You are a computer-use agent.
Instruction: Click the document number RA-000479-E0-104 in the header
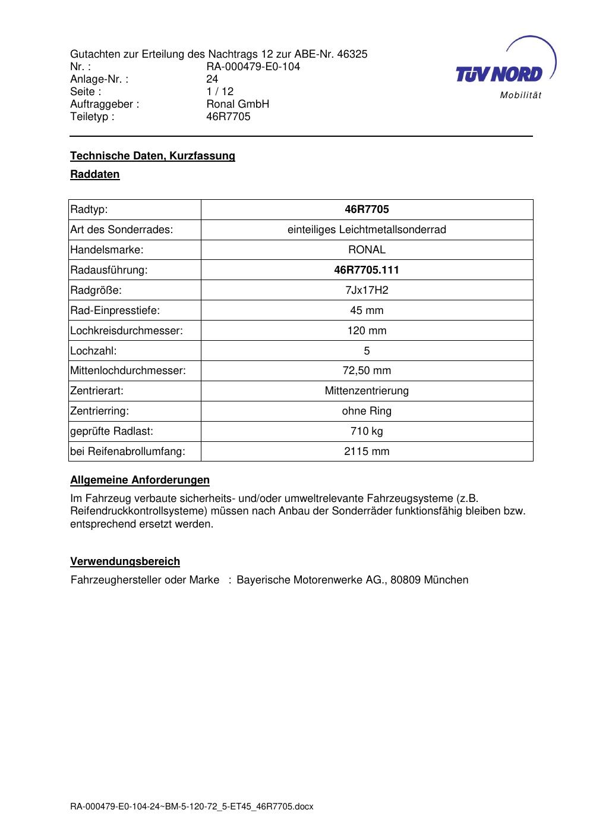[253, 67]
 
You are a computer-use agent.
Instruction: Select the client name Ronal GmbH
[238, 104]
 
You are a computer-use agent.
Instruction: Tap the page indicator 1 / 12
[220, 92]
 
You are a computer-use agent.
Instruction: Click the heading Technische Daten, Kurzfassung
[153, 156]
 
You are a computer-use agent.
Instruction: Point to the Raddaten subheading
[95, 174]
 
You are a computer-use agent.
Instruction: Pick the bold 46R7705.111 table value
[367, 270]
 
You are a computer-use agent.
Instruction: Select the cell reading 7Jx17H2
[367, 290]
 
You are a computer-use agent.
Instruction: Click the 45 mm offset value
[367, 310]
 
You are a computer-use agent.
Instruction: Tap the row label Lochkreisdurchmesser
[127, 331]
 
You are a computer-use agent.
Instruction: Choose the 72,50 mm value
[367, 371]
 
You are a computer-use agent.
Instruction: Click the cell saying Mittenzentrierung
[367, 391]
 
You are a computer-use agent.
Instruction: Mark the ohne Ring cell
[367, 411]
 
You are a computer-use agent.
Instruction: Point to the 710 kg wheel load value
[367, 431]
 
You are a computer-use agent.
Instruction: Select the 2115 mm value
[367, 451]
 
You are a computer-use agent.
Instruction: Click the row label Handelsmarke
[107, 250]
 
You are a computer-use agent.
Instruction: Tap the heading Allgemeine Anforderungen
[140, 480]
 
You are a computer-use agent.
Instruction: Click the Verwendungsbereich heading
[125, 561]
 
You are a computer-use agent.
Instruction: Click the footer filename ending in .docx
[191, 807]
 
